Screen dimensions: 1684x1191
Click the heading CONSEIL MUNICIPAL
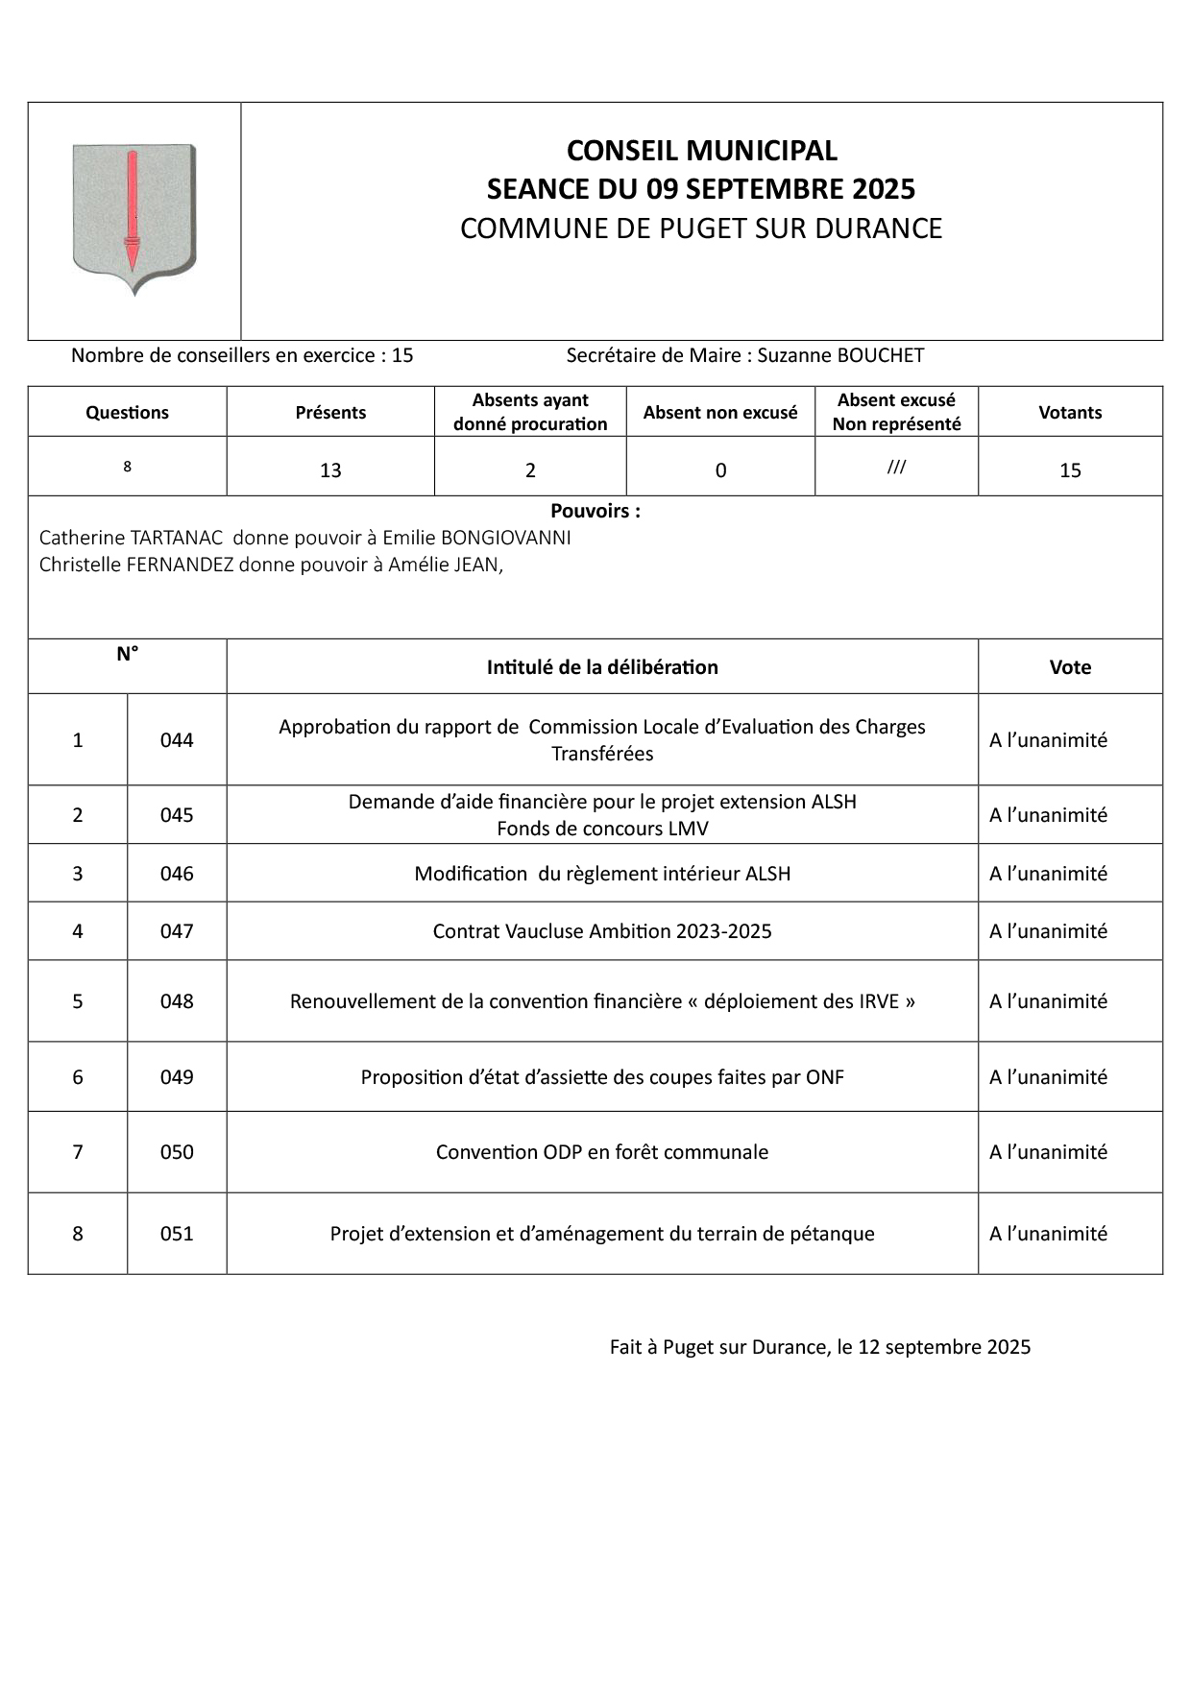[x=701, y=151]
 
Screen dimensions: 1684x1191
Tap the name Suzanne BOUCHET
[x=840, y=356]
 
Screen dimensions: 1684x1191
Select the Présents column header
[x=330, y=413]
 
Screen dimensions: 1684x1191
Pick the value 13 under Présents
[x=330, y=470]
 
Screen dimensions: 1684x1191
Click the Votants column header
[x=1070, y=413]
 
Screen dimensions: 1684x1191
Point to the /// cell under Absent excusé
[x=896, y=469]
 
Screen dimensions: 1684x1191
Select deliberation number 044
[x=177, y=740]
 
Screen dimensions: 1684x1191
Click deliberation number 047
[x=177, y=931]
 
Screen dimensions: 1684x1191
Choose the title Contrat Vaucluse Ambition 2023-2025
[x=602, y=931]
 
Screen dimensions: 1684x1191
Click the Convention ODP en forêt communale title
[x=602, y=1152]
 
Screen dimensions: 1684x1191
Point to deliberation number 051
[x=177, y=1234]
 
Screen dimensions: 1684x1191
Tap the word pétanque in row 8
[x=831, y=1234]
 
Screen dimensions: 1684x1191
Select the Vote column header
[x=1070, y=667]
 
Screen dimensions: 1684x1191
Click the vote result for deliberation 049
[x=1048, y=1077]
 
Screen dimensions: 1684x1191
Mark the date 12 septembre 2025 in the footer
[x=943, y=1347]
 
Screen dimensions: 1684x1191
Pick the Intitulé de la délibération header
[x=602, y=667]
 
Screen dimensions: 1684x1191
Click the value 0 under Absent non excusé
[x=720, y=470]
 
